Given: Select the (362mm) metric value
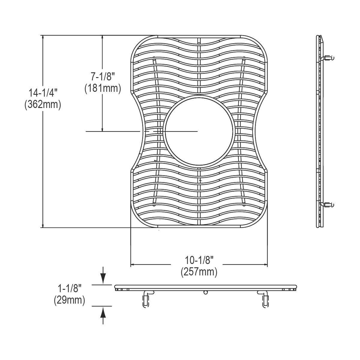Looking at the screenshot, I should click(x=43, y=105).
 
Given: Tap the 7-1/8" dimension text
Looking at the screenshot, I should click(x=103, y=76).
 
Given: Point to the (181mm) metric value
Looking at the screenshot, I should click(x=103, y=88).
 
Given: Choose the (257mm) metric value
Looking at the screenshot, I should click(x=199, y=272).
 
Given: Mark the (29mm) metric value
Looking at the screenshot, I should click(x=69, y=300).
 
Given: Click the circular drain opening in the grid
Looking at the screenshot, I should click(x=199, y=131).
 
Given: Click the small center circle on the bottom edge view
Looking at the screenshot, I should click(x=205, y=292).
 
